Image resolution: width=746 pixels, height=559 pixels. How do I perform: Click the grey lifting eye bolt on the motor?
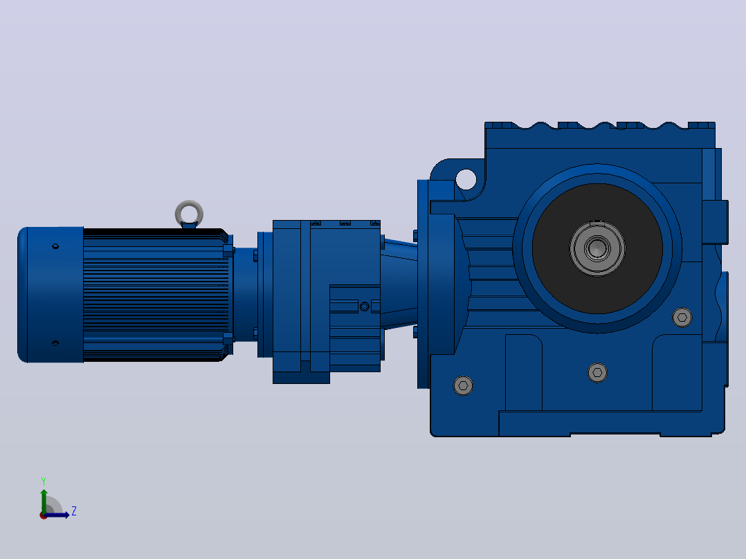coord(189,205)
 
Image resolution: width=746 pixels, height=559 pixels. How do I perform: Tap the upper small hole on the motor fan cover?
coord(55,246)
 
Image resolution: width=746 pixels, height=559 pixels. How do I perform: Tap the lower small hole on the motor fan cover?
coord(55,342)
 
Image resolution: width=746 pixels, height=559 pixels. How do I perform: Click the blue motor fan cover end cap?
coord(51,295)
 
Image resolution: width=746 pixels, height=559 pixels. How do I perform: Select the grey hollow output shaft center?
coord(597,248)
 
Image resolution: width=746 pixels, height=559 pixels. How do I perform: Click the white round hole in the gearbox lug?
coord(466,179)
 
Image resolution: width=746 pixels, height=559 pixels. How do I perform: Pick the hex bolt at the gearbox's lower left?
coord(463,385)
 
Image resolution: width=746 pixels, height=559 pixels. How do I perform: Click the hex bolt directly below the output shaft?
coord(597,372)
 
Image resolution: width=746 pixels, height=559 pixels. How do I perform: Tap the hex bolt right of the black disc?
coord(682,318)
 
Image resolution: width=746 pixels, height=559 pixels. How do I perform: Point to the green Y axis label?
coord(44,481)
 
